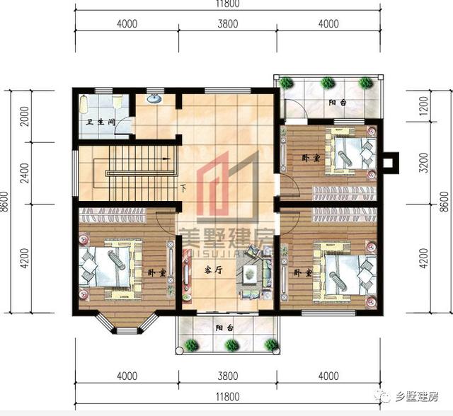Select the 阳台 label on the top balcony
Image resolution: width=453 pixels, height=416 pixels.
[338, 103]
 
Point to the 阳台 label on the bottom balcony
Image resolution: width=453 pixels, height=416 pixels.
[226, 327]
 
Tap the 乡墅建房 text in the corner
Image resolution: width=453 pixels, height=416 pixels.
[418, 396]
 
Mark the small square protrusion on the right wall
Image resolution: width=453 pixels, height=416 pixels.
[387, 163]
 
